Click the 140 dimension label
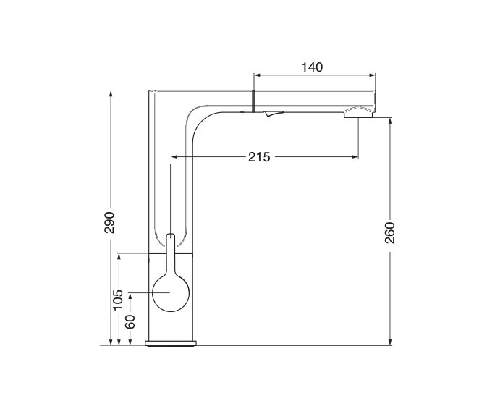(x=312, y=67)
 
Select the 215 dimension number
(x=259, y=157)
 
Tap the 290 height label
(x=109, y=222)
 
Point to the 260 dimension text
(x=390, y=233)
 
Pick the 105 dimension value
(x=118, y=300)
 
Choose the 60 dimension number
(x=130, y=322)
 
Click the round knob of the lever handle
(x=171, y=292)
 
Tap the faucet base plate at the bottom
(x=171, y=343)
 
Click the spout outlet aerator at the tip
(x=358, y=113)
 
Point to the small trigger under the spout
(x=274, y=114)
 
